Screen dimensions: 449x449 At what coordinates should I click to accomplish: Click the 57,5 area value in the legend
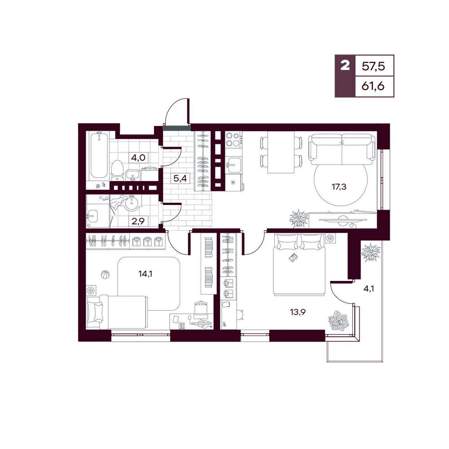coord(373,67)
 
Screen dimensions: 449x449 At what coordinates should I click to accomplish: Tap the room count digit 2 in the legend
coord(345,66)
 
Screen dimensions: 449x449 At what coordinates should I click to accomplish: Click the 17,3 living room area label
coord(339,187)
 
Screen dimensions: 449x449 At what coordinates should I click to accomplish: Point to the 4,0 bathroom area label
coord(138,157)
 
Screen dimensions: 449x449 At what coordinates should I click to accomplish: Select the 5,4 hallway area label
coord(180,178)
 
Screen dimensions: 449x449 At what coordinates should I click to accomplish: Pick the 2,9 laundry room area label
coord(138,221)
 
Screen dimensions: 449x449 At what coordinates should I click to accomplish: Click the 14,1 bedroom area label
coord(145,274)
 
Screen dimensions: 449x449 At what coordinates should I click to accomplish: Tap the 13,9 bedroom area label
coord(298,311)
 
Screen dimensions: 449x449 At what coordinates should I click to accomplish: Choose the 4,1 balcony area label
coord(369,289)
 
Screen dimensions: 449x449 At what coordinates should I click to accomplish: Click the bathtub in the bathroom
coord(99,155)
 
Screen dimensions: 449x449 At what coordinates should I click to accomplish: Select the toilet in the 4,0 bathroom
coord(117,170)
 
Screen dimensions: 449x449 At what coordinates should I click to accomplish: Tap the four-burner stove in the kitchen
coord(233,139)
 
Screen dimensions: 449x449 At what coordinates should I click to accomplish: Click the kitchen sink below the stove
coord(234,165)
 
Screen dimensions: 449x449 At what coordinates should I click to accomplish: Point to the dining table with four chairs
coord(281,152)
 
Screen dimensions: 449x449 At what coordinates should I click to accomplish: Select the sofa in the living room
coord(342,148)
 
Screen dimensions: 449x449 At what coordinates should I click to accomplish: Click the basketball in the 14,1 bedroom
coord(105,274)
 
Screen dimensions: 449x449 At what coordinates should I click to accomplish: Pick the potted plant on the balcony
coord(371,253)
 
